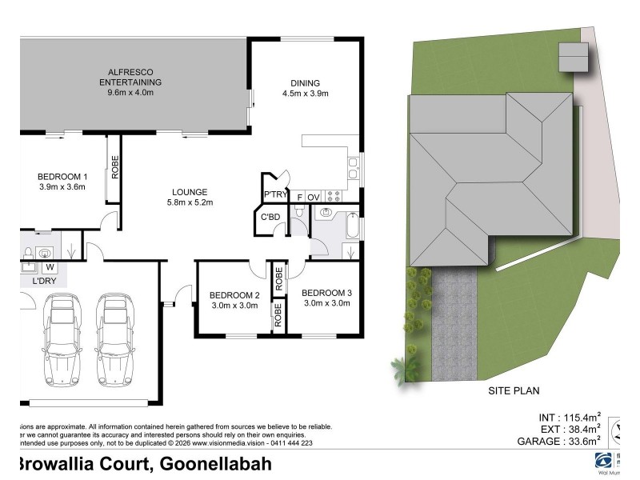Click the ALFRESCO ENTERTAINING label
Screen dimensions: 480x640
[130, 82]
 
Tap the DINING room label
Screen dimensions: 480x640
[306, 88]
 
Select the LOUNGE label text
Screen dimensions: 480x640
[190, 197]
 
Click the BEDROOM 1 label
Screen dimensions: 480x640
[62, 182]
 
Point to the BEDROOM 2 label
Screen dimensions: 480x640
[234, 299]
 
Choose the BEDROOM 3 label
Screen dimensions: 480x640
[326, 298]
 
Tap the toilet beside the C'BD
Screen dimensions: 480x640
[298, 212]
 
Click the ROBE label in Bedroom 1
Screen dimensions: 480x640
[114, 166]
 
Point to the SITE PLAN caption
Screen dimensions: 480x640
[514, 391]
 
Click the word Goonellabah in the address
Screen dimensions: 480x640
[216, 464]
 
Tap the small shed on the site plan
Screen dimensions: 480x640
[573, 58]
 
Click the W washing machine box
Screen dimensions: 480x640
[49, 266]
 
